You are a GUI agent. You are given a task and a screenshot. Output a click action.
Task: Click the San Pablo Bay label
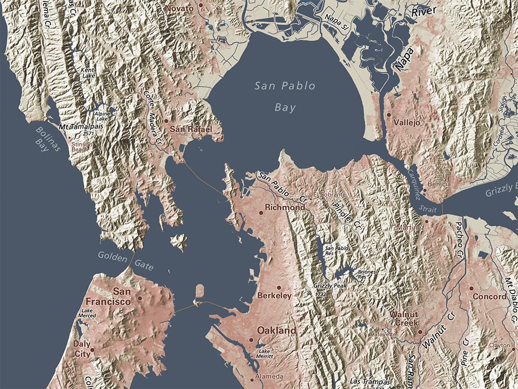pos(285,96)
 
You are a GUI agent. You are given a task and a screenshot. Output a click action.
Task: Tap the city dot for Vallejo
pos(388,115)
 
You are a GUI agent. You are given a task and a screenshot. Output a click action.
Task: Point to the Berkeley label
pos(274,295)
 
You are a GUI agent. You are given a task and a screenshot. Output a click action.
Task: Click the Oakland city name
pos(277,330)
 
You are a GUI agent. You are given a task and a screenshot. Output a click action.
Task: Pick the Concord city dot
pos(471,288)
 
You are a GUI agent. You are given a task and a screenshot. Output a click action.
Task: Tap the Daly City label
pos(82,349)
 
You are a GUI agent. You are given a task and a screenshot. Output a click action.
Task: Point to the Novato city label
pos(180,9)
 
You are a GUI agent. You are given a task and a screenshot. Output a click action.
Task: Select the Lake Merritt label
pos(266,354)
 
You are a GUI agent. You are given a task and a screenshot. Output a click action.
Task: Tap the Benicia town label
pos(439,184)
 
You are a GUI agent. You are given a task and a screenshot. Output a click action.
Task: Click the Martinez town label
pos(411,227)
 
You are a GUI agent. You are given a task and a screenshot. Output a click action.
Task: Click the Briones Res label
pos(367,275)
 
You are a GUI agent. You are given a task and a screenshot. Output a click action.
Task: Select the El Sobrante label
pos(329,194)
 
